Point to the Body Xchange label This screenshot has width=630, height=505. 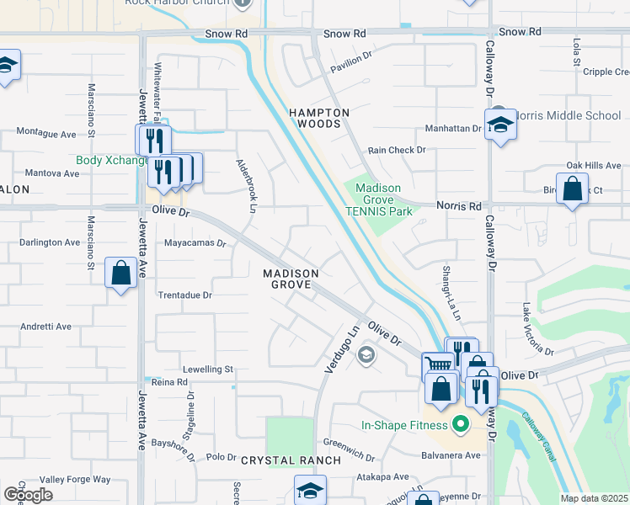(x=111, y=160)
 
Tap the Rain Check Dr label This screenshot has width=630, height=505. (x=397, y=150)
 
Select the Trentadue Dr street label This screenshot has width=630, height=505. (x=184, y=295)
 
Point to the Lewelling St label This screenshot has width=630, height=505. (x=208, y=369)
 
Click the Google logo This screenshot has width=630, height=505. (x=28, y=494)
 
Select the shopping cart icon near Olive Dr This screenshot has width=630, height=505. (x=438, y=365)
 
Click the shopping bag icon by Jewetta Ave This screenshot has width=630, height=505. (x=121, y=272)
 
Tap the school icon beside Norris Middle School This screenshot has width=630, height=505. (x=500, y=125)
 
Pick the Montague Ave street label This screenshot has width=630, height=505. (x=46, y=133)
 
